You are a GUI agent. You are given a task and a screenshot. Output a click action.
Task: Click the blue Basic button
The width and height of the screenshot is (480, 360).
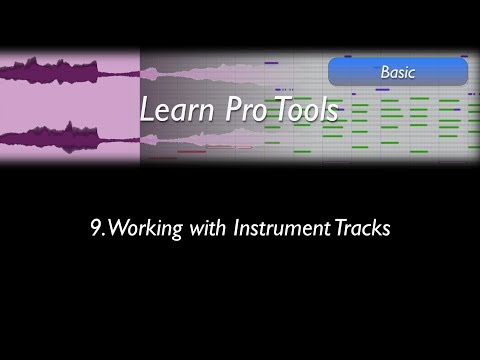pyautogui.click(x=397, y=72)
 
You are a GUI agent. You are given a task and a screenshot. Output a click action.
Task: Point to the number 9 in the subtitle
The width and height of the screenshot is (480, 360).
pyautogui.click(x=95, y=228)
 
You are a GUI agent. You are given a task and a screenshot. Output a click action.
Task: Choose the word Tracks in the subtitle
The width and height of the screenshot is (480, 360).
pyautogui.click(x=357, y=228)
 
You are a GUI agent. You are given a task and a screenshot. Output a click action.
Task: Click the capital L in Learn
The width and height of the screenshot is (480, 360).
pyautogui.click(x=147, y=110)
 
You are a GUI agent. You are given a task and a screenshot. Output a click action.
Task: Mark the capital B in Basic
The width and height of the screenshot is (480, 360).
pyautogui.click(x=385, y=72)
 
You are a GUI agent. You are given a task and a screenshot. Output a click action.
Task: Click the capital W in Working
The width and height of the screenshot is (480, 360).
pyautogui.click(x=115, y=228)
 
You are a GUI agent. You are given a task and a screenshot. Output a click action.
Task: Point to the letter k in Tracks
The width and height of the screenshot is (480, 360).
pyautogui.click(x=372, y=228)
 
